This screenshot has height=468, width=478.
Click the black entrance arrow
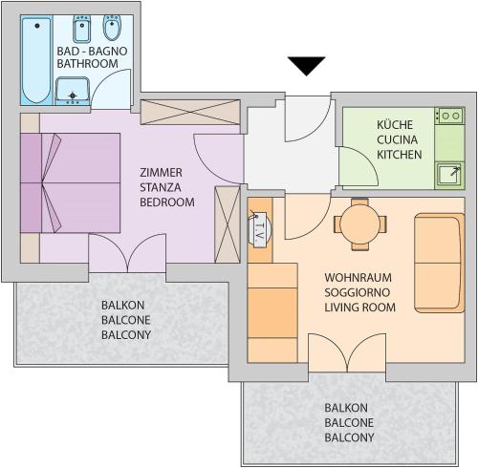click(x=306, y=66)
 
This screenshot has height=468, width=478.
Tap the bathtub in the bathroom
click(x=36, y=60)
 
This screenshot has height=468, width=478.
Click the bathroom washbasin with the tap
click(x=73, y=91)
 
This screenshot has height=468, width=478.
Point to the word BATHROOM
click(x=87, y=63)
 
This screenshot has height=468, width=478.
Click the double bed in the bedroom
click(x=70, y=183)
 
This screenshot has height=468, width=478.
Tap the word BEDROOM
click(x=167, y=202)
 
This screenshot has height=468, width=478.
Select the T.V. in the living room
click(x=259, y=228)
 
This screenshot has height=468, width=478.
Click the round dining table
click(x=360, y=224)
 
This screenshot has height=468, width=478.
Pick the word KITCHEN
click(x=399, y=155)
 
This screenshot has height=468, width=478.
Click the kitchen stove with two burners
click(x=449, y=116)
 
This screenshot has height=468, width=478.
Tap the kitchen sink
click(x=449, y=176)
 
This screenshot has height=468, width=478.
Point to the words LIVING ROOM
click(x=359, y=308)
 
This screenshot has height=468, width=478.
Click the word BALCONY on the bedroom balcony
click(x=126, y=335)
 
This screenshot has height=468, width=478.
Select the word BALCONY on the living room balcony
click(x=349, y=437)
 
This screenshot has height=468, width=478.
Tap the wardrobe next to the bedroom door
click(x=228, y=224)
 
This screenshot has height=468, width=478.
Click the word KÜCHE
click(x=395, y=124)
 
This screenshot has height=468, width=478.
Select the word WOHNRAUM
click(x=358, y=278)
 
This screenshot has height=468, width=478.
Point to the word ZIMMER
click(x=161, y=173)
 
